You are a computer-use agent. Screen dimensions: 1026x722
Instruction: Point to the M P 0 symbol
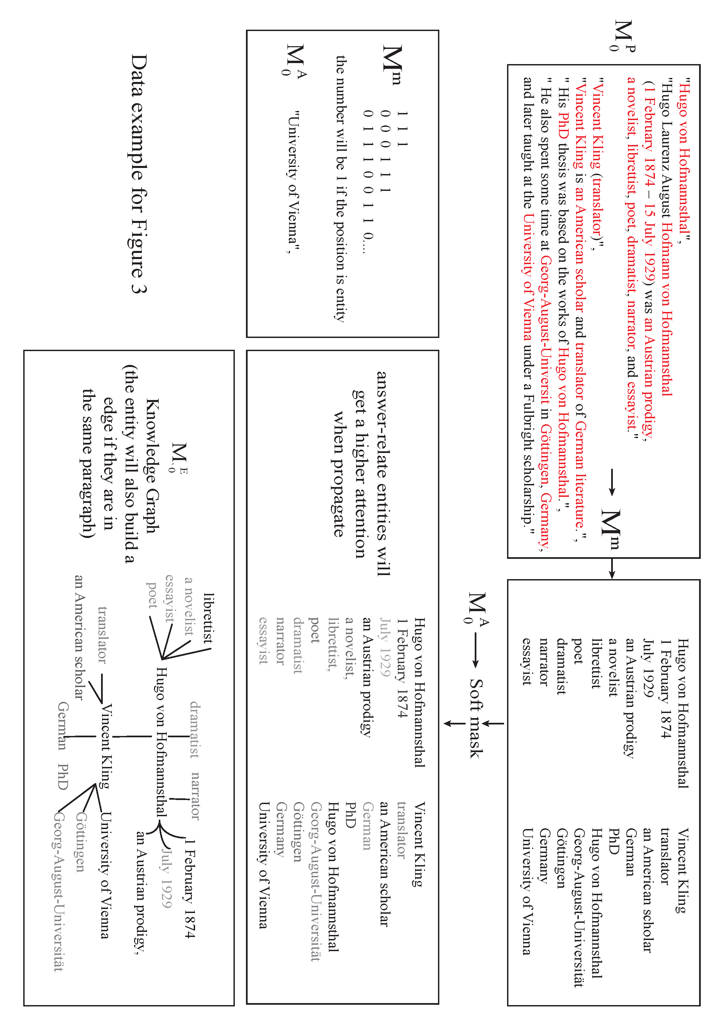(622, 36)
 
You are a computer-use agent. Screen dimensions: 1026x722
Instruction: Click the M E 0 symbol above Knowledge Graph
(179, 458)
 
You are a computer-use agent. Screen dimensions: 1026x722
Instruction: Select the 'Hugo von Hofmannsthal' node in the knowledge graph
(161, 742)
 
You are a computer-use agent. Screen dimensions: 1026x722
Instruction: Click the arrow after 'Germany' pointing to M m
(612, 482)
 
